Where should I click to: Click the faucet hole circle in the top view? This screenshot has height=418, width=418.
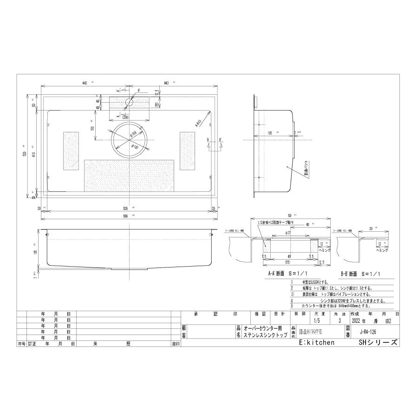tap(129, 102)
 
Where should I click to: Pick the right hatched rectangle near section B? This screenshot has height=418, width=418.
tap(187, 150)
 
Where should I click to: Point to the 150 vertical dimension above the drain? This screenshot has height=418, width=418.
tap(93, 128)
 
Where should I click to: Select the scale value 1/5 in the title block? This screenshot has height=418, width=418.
tap(317, 320)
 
